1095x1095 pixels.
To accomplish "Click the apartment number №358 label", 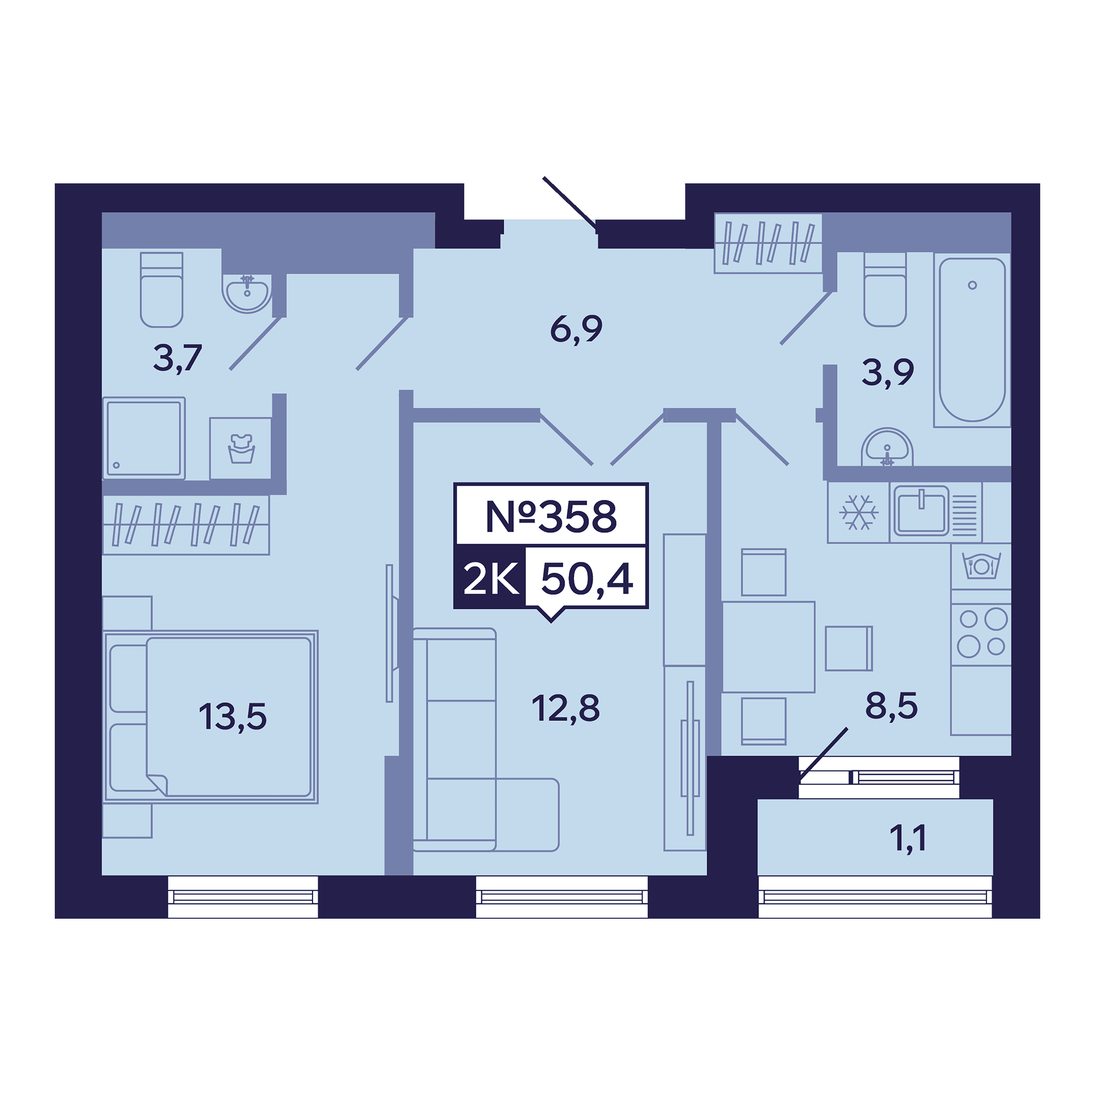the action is pos(551,516).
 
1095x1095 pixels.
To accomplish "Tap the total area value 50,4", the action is pos(586,579).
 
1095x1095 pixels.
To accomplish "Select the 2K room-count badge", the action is pos(491,579).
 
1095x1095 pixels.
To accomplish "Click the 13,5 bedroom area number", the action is pos(232,716).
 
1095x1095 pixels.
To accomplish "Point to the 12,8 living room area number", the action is pos(565,708).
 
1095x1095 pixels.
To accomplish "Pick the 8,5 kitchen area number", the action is pos(891,706).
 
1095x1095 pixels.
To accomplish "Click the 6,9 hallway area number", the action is pos(576,328).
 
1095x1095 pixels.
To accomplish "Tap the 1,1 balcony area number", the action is pos(908,839).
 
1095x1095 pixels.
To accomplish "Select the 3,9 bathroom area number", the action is pos(887,372).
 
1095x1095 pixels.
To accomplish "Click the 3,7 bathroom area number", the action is pos(177,358).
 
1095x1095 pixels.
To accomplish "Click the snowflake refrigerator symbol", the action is pos(858,512).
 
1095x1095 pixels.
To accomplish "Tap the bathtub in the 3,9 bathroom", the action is pos(972,339).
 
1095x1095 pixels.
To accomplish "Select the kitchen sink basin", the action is pos(921,511).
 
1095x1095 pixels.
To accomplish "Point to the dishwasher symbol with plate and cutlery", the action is pos(981,566).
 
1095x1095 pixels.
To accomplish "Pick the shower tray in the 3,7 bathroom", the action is pos(144,438).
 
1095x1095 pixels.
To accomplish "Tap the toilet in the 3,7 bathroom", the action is pos(162,290).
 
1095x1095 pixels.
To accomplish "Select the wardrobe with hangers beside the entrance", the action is pos(768,243).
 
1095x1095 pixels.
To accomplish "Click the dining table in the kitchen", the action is pos(769,647).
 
